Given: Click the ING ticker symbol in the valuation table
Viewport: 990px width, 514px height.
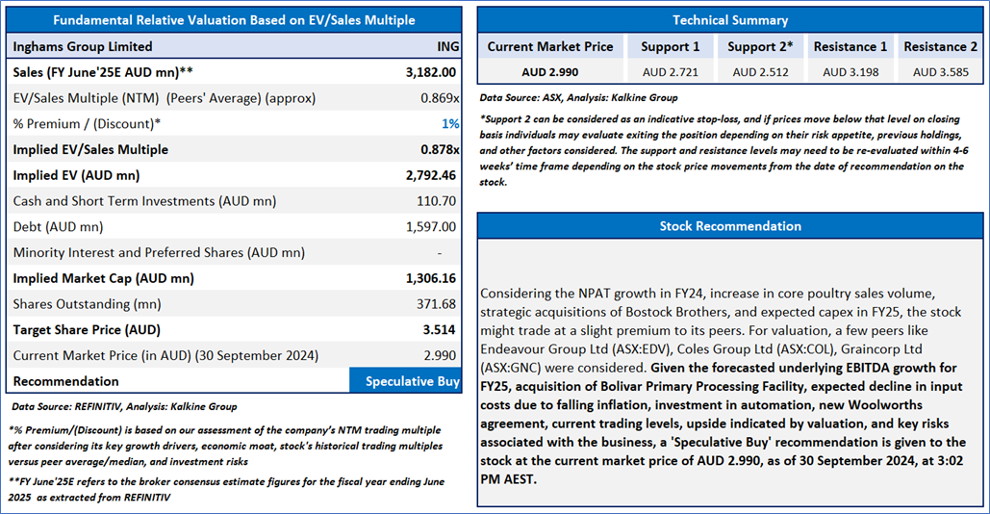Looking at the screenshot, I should point(447,46).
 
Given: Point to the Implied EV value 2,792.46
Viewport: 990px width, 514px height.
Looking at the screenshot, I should point(429,175).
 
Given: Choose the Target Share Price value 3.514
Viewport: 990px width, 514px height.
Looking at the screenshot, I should point(441,330).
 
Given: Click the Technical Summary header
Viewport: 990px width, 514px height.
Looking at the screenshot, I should point(729,20).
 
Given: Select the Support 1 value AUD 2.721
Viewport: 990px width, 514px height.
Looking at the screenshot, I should point(671,72).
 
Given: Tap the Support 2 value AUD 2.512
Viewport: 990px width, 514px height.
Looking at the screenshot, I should point(759,72).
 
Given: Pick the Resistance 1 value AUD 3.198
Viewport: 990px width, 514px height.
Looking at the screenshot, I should point(850,72).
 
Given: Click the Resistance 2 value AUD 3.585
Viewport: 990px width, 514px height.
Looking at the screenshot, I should point(939,72).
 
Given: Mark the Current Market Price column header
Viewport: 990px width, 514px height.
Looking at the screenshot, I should point(549,46).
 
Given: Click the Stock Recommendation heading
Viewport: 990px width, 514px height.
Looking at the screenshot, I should point(729,226).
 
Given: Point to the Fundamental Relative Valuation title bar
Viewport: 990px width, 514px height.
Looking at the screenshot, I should point(234,20).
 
